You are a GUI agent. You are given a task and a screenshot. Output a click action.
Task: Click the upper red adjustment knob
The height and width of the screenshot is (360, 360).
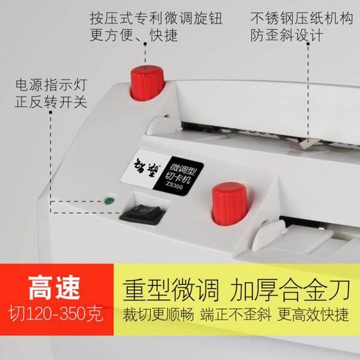[x=147, y=83]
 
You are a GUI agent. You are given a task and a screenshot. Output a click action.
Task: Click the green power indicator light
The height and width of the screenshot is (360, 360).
[x=108, y=201]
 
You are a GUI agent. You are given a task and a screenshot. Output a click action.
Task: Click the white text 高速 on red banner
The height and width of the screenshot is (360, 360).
[x=54, y=288]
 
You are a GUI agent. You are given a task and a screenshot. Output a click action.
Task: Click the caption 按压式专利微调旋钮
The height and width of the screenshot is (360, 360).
[x=156, y=19]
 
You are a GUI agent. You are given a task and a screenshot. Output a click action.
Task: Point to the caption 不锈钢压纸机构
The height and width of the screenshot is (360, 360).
[x=301, y=19]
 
